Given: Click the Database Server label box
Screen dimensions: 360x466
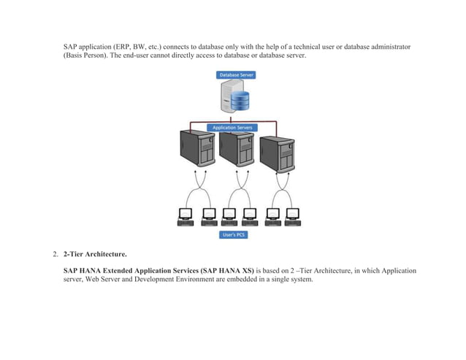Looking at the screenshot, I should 233,75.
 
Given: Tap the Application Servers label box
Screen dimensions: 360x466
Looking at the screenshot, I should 233,127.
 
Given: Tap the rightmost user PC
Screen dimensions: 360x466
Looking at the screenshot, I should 293,216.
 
